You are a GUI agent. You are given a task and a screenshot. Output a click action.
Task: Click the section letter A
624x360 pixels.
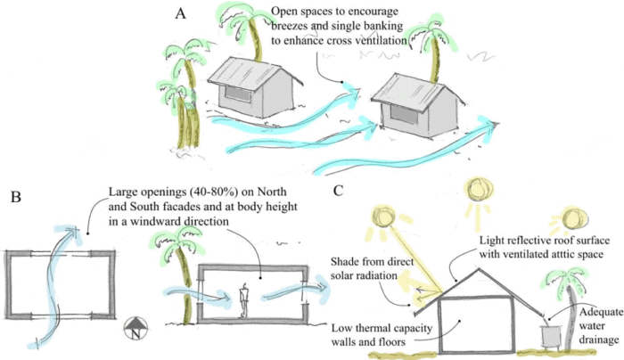[x=181, y=14]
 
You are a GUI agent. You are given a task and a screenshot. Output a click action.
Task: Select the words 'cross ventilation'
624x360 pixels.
[x=365, y=42]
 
